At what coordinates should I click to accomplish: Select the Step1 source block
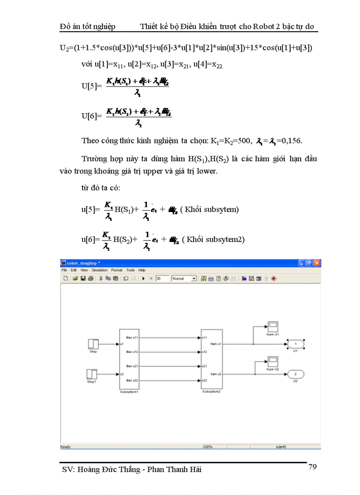coord(91,374)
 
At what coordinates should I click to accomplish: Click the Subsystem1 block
coord(129,359)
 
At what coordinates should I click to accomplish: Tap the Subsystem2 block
coord(211,359)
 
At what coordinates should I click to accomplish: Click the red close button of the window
coord(316,263)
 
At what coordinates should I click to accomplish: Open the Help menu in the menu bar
coord(142,270)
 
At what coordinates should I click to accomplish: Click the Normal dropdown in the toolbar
coord(184,279)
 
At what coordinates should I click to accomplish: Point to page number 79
coord(312,467)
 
